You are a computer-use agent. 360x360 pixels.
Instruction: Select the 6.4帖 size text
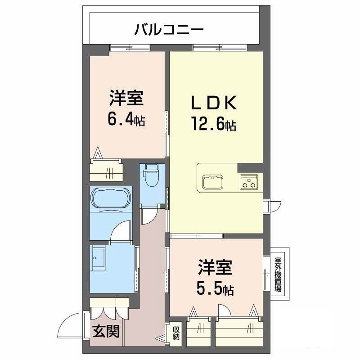pos(126,120)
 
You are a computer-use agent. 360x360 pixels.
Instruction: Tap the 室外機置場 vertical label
pos(278,274)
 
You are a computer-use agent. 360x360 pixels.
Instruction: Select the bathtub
pos(111,198)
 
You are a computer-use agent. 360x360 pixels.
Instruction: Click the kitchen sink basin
pos(213,182)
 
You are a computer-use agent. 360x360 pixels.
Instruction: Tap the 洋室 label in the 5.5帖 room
pos(215,268)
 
